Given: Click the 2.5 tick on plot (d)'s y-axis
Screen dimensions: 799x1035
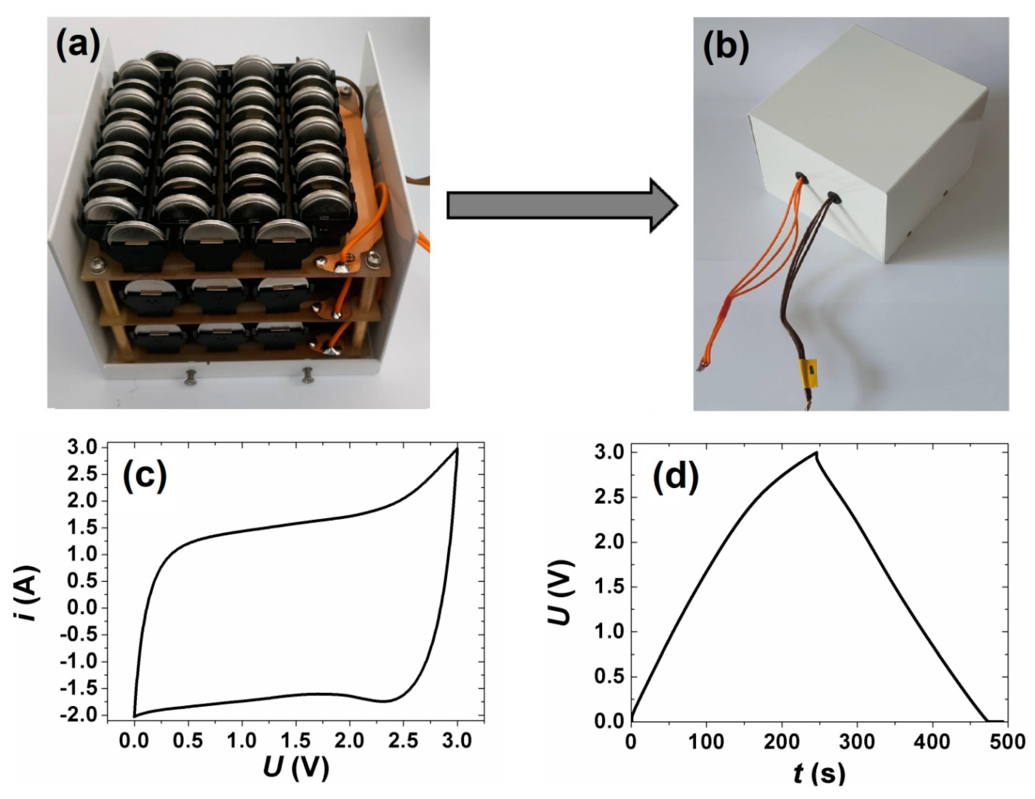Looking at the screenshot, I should [x=610, y=497].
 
